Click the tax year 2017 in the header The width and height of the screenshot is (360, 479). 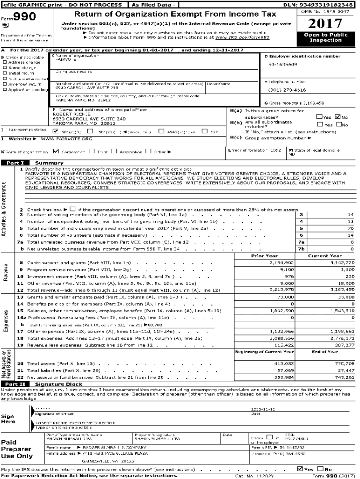pyautogui.click(x=326, y=23)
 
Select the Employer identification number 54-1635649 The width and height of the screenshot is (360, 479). pyautogui.click(x=282, y=64)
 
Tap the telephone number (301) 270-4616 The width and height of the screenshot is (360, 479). pyautogui.click(x=287, y=90)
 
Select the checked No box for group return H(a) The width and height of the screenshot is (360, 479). pyautogui.click(x=338, y=117)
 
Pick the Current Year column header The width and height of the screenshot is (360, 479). pyautogui.click(x=324, y=256)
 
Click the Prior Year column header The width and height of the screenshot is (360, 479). pyautogui.click(x=264, y=256)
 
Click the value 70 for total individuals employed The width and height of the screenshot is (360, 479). pyautogui.click(x=351, y=228)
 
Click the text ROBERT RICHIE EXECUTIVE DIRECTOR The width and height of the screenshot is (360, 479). pyautogui.click(x=75, y=423)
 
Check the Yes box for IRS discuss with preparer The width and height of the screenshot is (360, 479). pyautogui.click(x=300, y=469)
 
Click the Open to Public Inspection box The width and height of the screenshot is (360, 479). pyautogui.click(x=326, y=37)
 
